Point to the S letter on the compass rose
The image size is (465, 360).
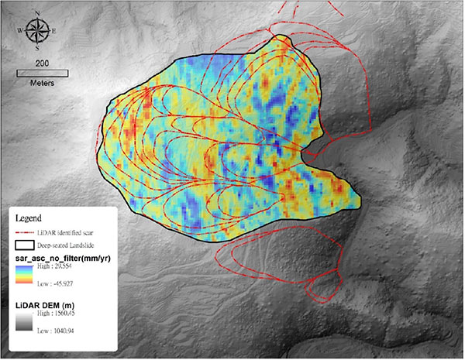36,48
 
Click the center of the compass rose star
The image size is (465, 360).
36,31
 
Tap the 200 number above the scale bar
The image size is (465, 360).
43,62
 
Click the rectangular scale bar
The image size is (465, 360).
43,74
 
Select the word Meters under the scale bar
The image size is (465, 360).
43,83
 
